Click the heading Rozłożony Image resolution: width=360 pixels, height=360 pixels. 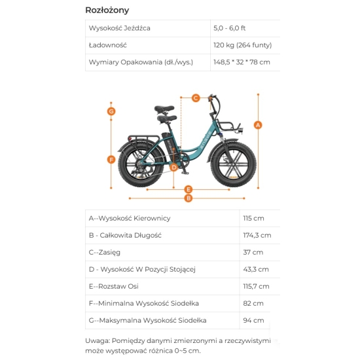107,10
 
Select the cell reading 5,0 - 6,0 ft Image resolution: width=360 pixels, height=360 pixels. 229,28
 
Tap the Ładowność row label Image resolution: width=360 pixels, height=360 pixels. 108,45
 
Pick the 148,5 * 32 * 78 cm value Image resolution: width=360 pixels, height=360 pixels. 242,62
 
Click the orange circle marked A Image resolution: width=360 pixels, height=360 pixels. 258,125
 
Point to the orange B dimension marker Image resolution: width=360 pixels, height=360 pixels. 189,198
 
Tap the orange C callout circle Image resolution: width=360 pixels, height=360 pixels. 196,98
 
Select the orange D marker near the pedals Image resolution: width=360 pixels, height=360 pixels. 174,168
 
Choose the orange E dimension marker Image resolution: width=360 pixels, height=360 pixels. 189,189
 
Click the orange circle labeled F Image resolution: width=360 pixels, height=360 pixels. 111,160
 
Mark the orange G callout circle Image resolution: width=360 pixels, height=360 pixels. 111,111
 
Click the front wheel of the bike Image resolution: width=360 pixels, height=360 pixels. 233,164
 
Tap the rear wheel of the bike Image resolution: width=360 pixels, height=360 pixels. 141,165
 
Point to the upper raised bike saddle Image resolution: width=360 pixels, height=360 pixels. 164,109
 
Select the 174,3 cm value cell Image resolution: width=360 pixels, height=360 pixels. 257,236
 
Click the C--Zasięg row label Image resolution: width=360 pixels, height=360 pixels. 105,252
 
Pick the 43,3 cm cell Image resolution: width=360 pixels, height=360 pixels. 256,269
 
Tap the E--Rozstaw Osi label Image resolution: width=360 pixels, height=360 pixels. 114,286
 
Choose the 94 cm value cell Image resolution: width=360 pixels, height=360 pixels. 253,320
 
